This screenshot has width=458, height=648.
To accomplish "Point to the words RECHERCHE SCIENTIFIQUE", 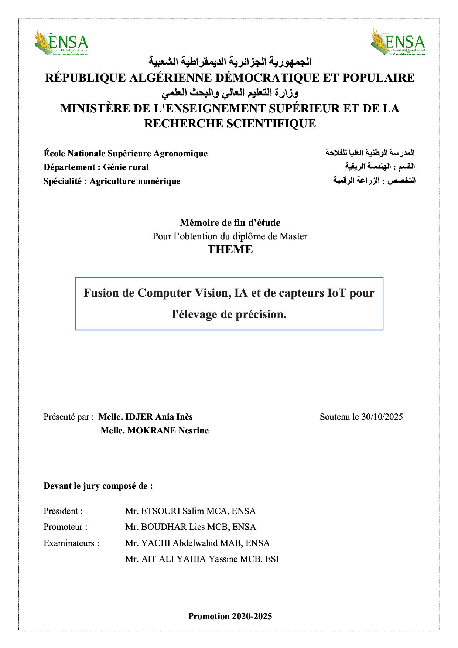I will [230, 123].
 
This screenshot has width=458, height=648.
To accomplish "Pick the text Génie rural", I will [126, 167].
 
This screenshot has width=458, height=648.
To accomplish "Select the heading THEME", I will [230, 249].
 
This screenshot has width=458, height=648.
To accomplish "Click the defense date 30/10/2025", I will [382, 417].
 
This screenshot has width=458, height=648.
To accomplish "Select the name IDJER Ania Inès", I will [159, 417].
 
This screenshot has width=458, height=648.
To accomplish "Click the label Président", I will [63, 511].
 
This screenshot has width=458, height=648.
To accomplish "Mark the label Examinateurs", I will [71, 543].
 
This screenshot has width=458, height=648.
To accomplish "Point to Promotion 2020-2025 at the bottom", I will [230, 616].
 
